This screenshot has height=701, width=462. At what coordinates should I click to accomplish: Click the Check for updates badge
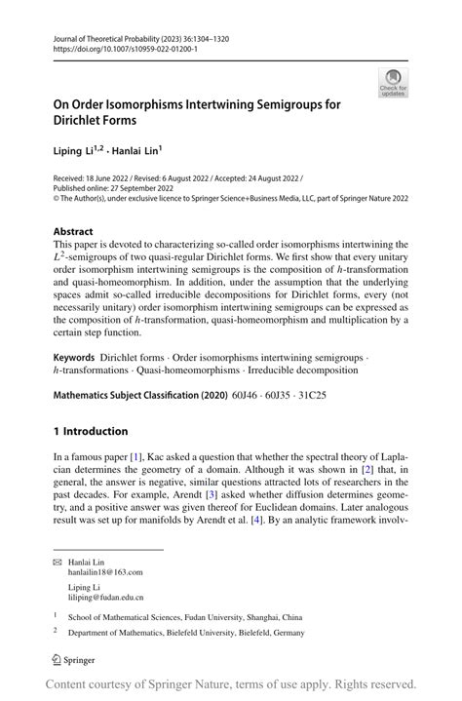[x=393, y=82]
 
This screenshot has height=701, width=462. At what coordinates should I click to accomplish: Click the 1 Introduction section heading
[x=91, y=431]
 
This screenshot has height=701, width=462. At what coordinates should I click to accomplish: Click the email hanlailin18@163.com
[x=104, y=573]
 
